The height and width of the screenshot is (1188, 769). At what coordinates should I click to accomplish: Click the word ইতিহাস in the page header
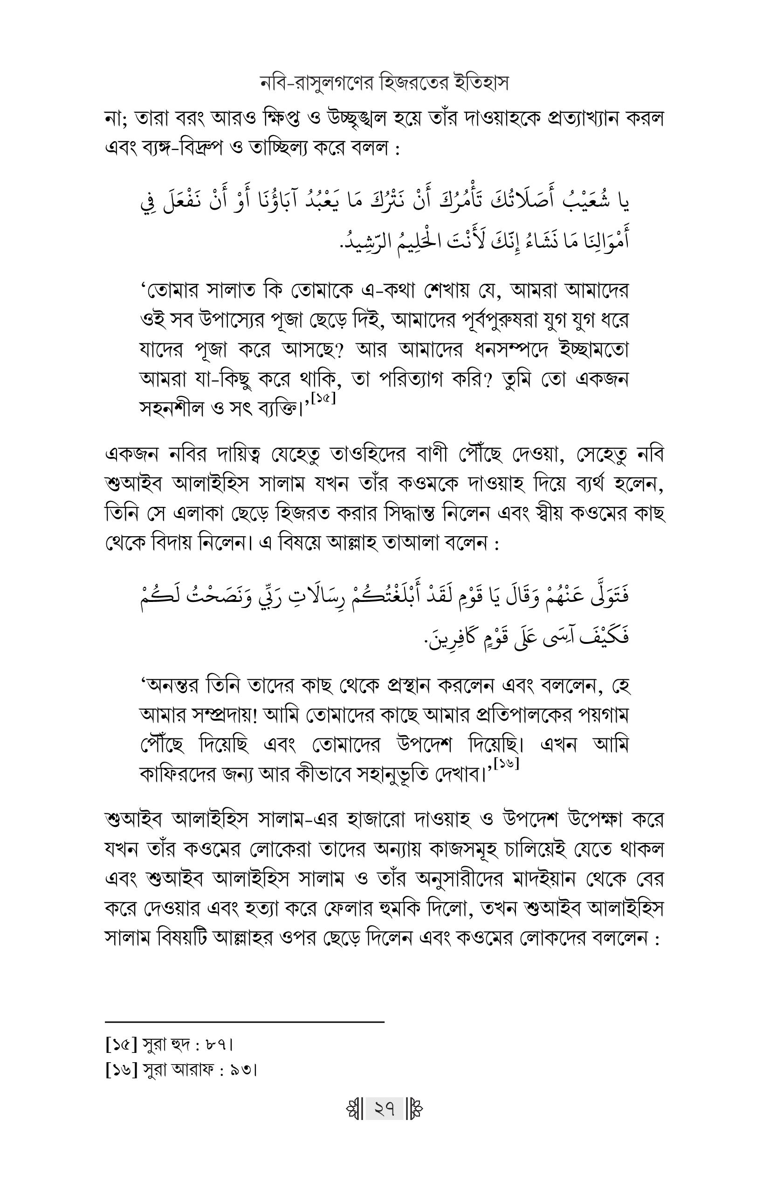[482, 83]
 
